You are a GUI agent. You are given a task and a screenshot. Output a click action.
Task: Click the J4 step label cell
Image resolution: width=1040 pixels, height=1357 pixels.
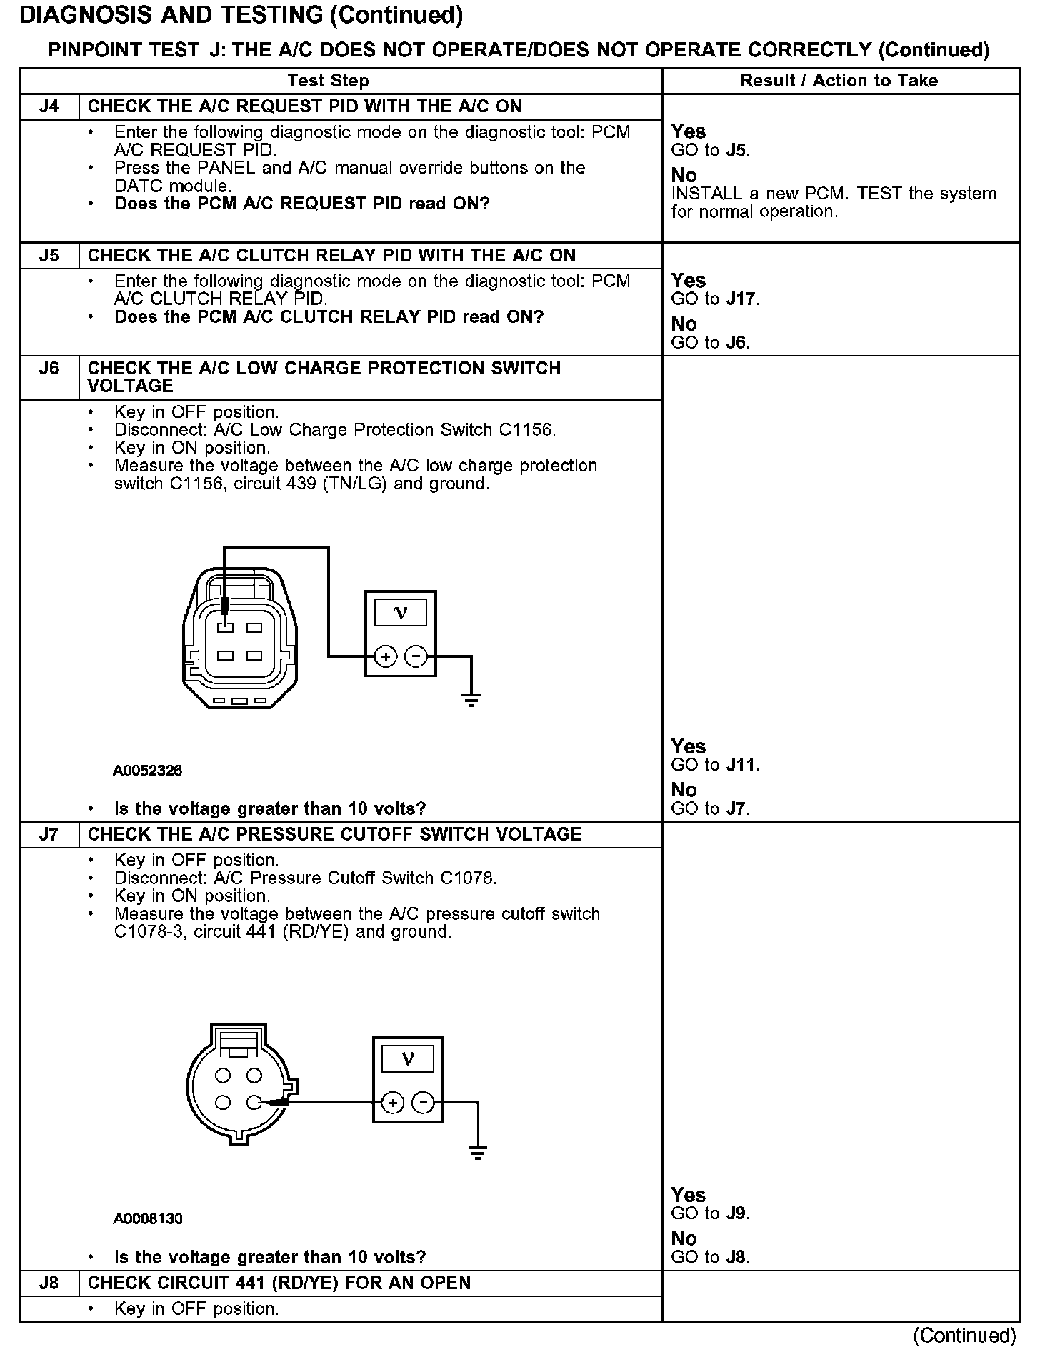[49, 106]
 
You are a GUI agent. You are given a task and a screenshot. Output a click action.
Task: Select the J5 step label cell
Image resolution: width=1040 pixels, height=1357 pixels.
[49, 256]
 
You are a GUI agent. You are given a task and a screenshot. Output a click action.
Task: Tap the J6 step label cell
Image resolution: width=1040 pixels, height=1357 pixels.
[49, 369]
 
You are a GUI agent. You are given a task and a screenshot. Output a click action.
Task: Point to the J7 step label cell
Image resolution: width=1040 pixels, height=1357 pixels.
[49, 834]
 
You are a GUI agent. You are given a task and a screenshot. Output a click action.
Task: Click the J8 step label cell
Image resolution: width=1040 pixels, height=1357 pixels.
[49, 1283]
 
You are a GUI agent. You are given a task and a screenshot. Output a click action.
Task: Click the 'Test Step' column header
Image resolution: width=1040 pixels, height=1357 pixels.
[328, 81]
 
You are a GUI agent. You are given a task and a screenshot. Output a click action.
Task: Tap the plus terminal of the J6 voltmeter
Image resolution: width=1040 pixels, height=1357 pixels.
[385, 656]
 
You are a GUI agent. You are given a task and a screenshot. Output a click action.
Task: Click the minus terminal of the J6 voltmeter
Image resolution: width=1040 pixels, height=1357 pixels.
[416, 656]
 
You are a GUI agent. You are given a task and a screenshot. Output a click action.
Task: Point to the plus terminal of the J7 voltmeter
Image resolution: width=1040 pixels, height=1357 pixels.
[392, 1103]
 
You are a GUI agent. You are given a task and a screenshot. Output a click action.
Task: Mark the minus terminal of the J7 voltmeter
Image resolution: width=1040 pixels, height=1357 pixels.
[424, 1103]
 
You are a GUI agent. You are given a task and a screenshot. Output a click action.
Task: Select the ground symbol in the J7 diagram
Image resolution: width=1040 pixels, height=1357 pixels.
[478, 1151]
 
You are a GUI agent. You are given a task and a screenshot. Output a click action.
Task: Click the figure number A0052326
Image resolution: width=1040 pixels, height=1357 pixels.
[148, 771]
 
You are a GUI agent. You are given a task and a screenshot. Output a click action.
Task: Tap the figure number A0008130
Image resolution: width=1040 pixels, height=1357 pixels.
[148, 1218]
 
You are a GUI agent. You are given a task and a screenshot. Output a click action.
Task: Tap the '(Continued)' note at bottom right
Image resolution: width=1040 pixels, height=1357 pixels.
[964, 1335]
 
